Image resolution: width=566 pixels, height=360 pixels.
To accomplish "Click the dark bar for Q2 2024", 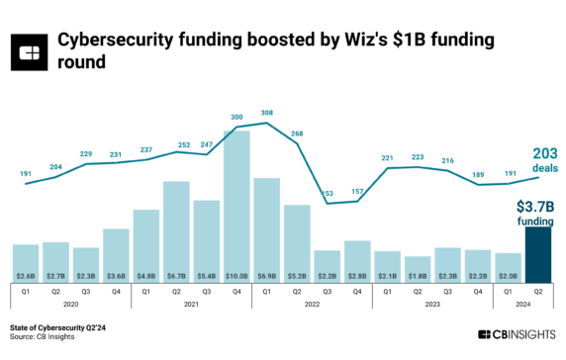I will click(538, 255).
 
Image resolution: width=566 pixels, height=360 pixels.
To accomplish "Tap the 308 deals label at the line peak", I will click(266, 114).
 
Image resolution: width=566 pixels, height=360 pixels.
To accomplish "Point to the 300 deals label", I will click(236, 118).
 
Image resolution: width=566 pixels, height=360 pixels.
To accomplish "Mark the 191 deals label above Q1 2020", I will click(26, 173).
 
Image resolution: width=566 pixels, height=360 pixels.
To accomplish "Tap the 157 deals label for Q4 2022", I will click(357, 192).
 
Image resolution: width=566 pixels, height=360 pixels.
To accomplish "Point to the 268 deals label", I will click(297, 134).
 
